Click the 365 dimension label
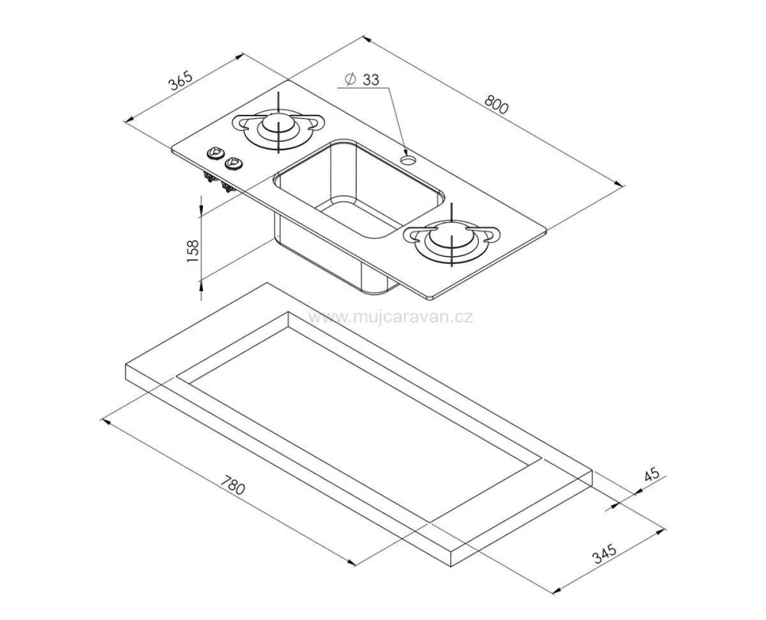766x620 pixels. coord(182,81)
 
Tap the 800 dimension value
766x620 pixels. coord(496,104)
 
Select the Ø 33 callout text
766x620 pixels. coord(362,80)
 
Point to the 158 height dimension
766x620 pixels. coord(193,251)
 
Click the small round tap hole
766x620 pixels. coord(407,159)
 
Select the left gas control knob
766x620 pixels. coord(214,154)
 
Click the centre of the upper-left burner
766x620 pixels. coord(278,124)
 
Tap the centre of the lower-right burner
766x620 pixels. coord(453,238)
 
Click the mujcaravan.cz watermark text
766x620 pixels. coord(391,317)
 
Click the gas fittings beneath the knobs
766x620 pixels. coord(218,182)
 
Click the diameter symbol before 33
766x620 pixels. coord(349,80)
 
